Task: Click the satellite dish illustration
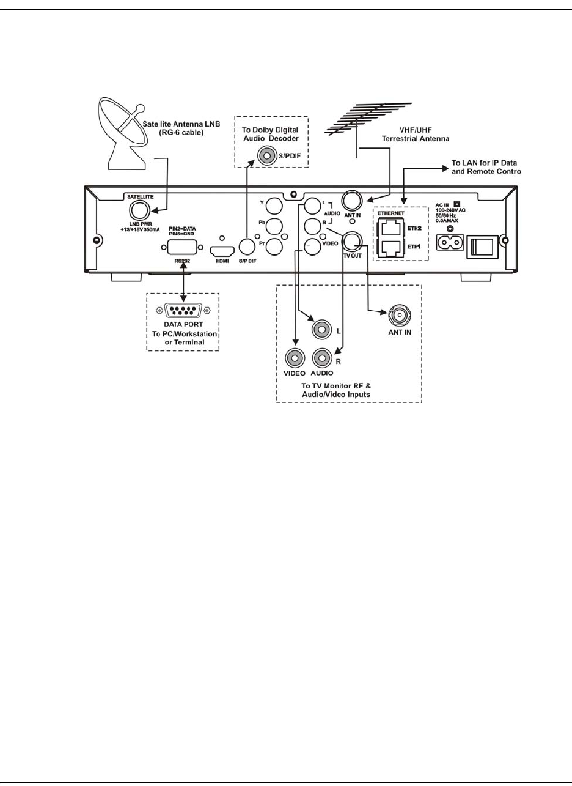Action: click(x=122, y=131)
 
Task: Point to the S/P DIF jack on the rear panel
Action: click(x=248, y=247)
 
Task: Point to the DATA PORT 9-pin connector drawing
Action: click(x=183, y=311)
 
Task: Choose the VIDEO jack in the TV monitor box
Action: click(x=295, y=358)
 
